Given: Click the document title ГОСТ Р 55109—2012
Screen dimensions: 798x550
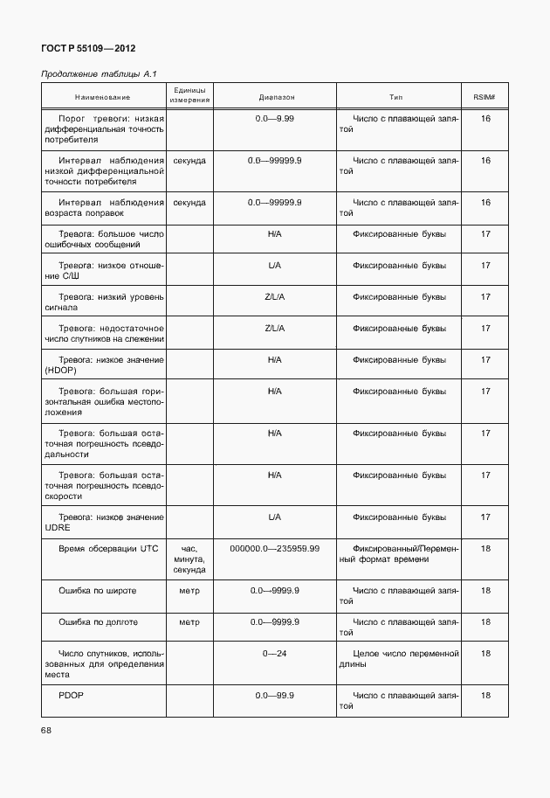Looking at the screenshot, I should click(x=88, y=48).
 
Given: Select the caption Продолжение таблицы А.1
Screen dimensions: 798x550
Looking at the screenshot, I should click(x=99, y=75).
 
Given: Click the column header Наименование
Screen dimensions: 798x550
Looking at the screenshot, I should click(x=102, y=96).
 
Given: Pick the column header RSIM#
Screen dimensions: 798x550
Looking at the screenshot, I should click(x=485, y=96).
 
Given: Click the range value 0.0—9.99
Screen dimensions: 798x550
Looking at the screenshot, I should click(x=274, y=117).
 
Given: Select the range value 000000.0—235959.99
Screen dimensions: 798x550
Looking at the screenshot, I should click(x=274, y=548).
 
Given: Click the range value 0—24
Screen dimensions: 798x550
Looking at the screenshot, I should click(x=274, y=653).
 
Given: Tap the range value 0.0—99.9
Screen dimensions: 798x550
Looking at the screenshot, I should click(x=274, y=696).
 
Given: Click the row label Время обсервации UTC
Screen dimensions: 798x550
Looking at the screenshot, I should click(x=108, y=548).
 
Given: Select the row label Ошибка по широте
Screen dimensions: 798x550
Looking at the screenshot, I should click(x=97, y=591).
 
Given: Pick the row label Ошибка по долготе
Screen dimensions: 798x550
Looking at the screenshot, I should click(x=99, y=622).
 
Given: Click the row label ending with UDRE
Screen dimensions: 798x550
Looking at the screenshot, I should click(x=103, y=522).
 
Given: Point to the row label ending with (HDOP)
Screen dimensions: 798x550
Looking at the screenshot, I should click(x=103, y=364).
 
